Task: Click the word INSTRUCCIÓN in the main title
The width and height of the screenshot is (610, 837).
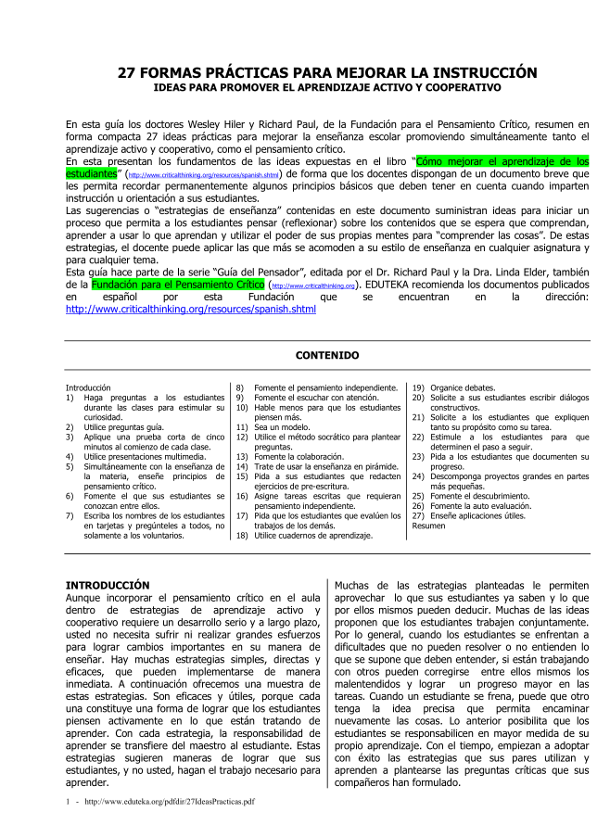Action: [x=482, y=71]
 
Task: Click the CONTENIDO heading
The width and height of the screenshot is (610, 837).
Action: [x=327, y=355]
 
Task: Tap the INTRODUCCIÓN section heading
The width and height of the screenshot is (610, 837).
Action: [x=107, y=585]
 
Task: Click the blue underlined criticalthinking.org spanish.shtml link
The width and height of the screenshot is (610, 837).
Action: [x=190, y=310]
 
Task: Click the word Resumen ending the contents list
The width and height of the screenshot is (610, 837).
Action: [x=428, y=526]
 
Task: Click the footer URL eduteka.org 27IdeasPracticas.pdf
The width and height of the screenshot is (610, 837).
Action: [x=170, y=801]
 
